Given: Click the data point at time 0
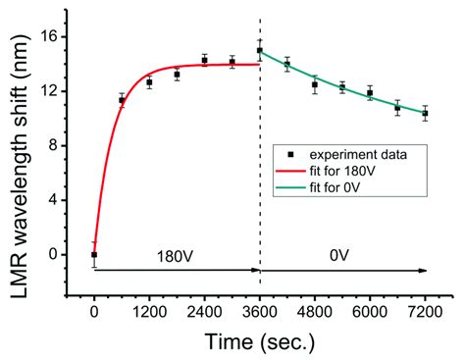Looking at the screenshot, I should click(94, 254).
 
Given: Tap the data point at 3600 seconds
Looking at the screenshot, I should click(260, 50).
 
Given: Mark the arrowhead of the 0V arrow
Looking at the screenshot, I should click(424, 269).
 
